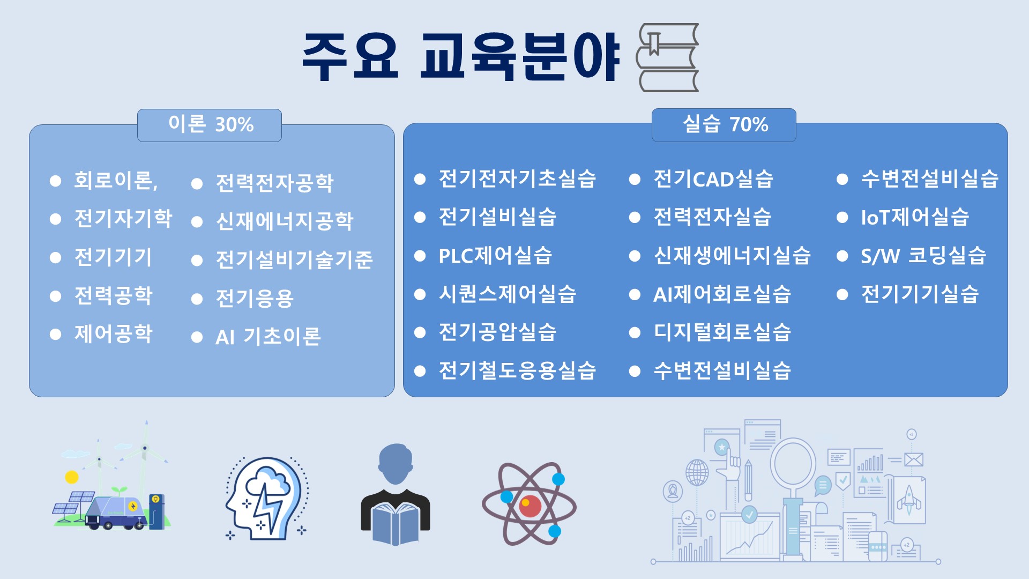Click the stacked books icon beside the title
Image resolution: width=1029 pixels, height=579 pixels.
click(x=667, y=57)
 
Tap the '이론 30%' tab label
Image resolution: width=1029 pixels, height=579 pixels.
click(x=211, y=124)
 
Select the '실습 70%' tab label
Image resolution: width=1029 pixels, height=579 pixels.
click(x=725, y=124)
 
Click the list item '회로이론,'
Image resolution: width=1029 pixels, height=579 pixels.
click(x=116, y=180)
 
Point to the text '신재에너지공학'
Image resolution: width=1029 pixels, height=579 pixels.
click(x=285, y=221)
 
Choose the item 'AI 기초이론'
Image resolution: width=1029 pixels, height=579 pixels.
click(x=268, y=337)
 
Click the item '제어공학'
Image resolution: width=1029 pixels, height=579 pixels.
click(x=114, y=333)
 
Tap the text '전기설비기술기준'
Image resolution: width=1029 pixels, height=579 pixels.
click(x=294, y=259)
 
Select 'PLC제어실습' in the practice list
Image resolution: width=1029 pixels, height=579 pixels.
click(x=495, y=255)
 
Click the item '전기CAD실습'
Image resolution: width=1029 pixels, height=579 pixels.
click(x=713, y=179)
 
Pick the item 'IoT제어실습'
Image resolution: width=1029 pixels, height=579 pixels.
click(x=915, y=217)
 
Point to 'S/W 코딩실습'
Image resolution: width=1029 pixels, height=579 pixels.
click(x=923, y=255)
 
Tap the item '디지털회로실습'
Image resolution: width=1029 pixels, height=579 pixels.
click(x=722, y=332)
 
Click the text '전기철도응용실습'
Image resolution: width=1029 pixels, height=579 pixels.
click(x=517, y=370)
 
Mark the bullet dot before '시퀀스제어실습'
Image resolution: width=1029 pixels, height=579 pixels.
click(x=420, y=294)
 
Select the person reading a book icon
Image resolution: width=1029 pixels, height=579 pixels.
click(x=396, y=494)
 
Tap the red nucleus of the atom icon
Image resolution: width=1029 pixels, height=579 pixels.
click(x=530, y=505)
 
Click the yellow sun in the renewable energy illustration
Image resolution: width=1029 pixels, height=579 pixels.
click(x=72, y=477)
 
